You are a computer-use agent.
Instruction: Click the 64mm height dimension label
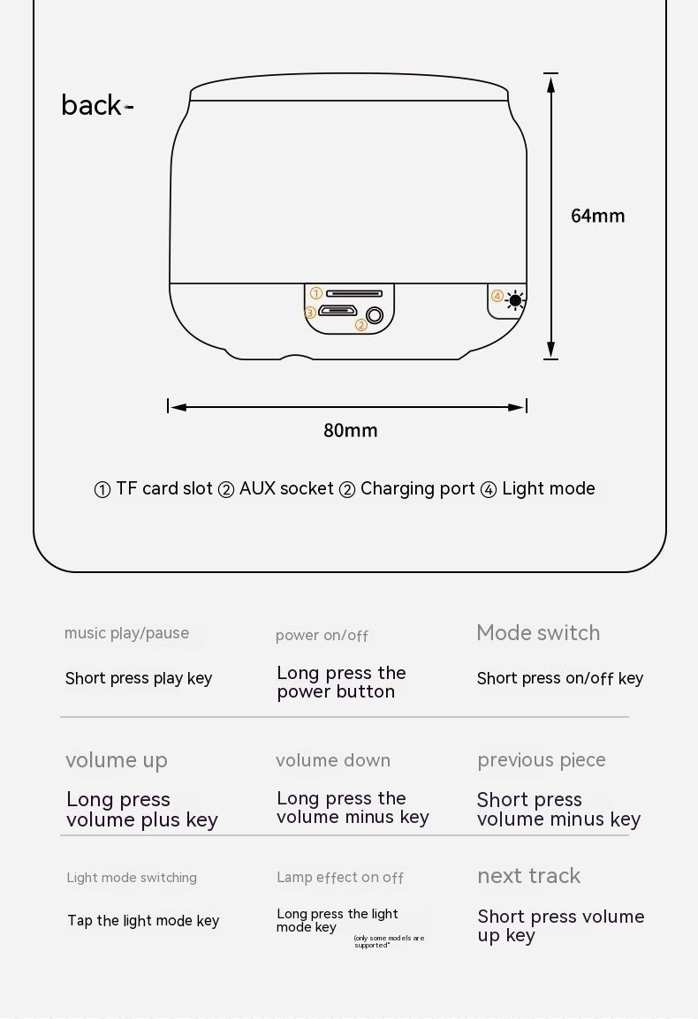(597, 215)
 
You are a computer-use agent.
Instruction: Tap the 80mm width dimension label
(351, 430)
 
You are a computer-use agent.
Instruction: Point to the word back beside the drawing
(91, 104)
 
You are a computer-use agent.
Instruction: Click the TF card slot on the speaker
(354, 294)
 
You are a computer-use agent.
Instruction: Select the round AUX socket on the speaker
(375, 316)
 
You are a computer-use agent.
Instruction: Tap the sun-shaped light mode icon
(515, 300)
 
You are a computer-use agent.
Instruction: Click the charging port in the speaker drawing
(338, 311)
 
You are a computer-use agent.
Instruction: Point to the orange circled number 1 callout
(316, 293)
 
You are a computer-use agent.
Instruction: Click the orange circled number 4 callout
(497, 297)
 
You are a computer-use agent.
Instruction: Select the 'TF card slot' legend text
(164, 488)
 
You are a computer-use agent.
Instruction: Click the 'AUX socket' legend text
(286, 488)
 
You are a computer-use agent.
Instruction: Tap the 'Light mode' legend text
(549, 488)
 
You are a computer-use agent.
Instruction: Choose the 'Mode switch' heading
(538, 633)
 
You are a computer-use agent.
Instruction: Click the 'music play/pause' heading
(127, 634)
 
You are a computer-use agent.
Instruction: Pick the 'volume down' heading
(333, 760)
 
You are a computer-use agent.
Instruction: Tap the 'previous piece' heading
(542, 760)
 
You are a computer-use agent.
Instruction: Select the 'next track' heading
(529, 876)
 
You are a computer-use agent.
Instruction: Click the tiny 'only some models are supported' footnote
(389, 941)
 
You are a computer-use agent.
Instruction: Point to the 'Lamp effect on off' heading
(339, 878)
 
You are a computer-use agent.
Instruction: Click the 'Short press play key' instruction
(139, 678)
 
